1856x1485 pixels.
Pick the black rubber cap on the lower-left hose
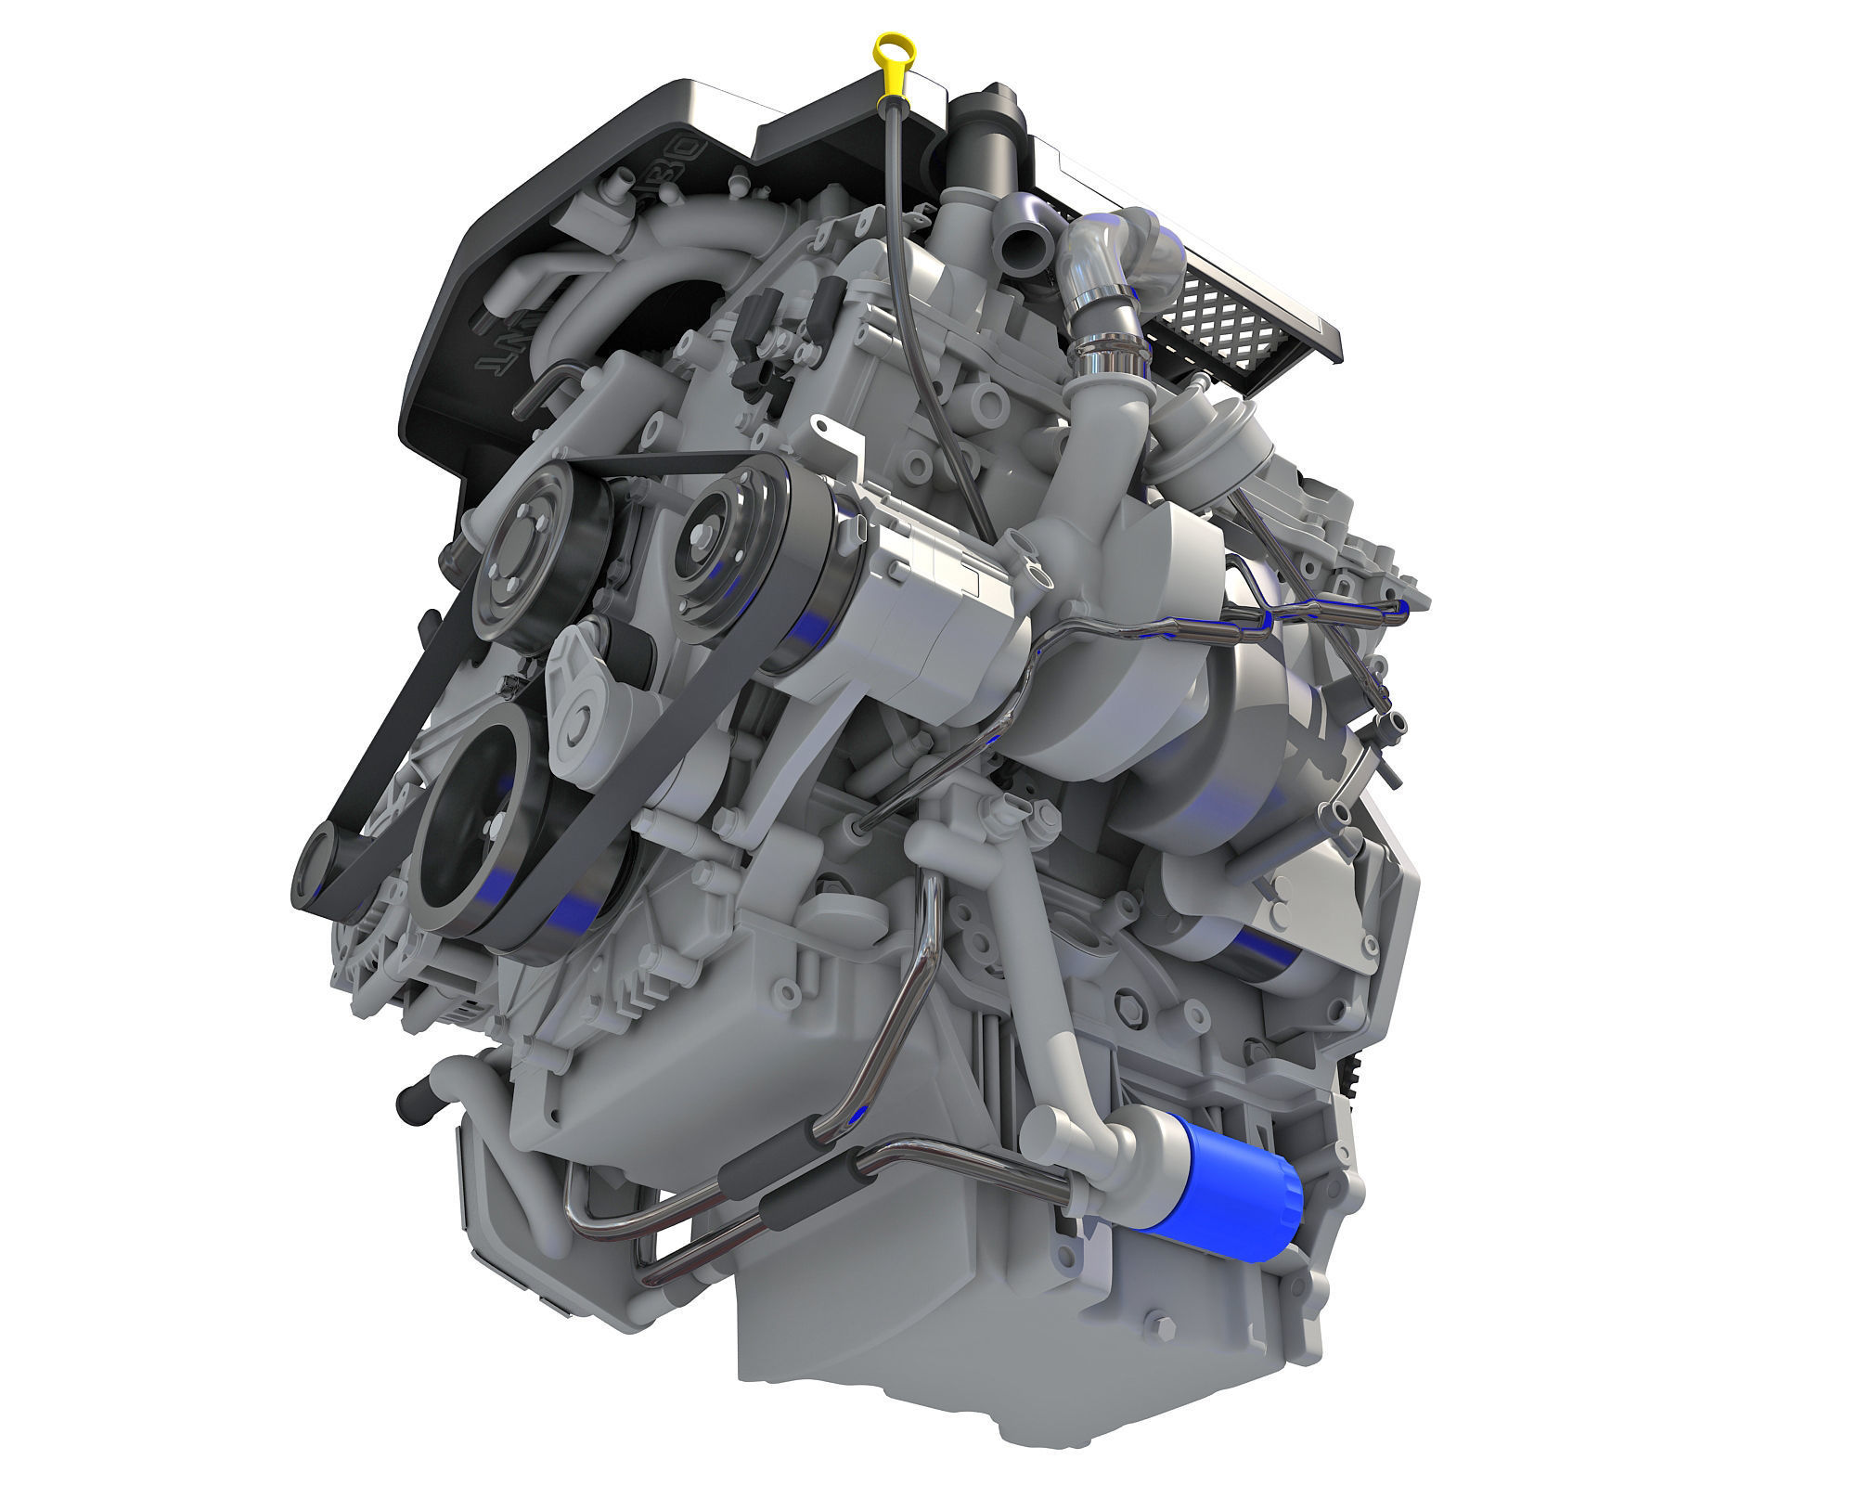tap(408, 1105)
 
